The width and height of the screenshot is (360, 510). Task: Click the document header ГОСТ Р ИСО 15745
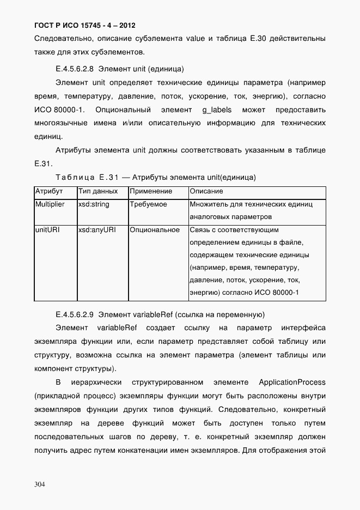(x=84, y=25)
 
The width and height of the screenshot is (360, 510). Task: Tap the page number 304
(x=41, y=484)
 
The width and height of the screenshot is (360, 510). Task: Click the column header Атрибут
(x=49, y=192)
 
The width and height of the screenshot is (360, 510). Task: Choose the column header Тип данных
(x=98, y=192)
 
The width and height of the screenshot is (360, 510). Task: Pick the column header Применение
(x=151, y=192)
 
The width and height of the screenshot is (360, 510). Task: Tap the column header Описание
(x=206, y=192)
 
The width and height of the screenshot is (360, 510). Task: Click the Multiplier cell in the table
(x=50, y=205)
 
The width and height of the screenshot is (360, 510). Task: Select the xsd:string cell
(x=94, y=205)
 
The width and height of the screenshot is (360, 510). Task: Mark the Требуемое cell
(x=148, y=205)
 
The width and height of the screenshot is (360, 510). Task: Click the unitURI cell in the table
(x=47, y=230)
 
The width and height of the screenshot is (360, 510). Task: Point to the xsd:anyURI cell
(x=96, y=230)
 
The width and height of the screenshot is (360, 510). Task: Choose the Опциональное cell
(x=155, y=230)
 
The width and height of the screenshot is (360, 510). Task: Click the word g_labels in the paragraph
(x=217, y=110)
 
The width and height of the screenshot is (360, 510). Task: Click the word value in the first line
(x=195, y=39)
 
